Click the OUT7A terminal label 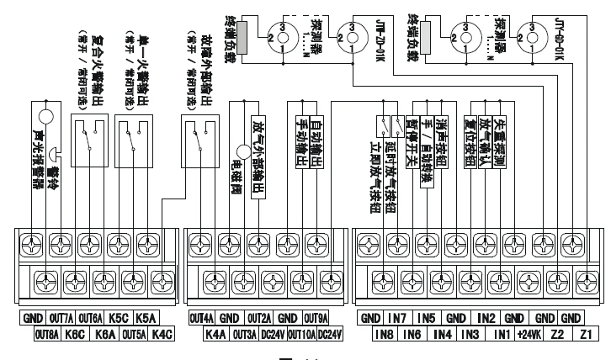coord(61,319)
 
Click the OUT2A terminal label coord(259,319)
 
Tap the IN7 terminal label coord(400,319)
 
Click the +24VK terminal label coord(529,334)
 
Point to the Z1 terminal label coord(587,334)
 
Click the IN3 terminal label coord(471,334)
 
